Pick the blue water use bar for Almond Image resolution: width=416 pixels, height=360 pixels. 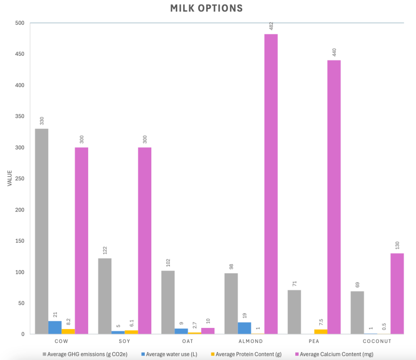click(244, 328)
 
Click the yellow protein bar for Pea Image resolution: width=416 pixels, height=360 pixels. click(321, 332)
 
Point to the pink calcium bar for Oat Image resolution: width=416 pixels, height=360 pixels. click(208, 331)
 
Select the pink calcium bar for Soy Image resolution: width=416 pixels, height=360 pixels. click(145, 240)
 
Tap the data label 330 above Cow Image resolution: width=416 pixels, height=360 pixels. click(41, 121)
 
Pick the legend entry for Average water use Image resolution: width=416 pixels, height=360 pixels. click(171, 354)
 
